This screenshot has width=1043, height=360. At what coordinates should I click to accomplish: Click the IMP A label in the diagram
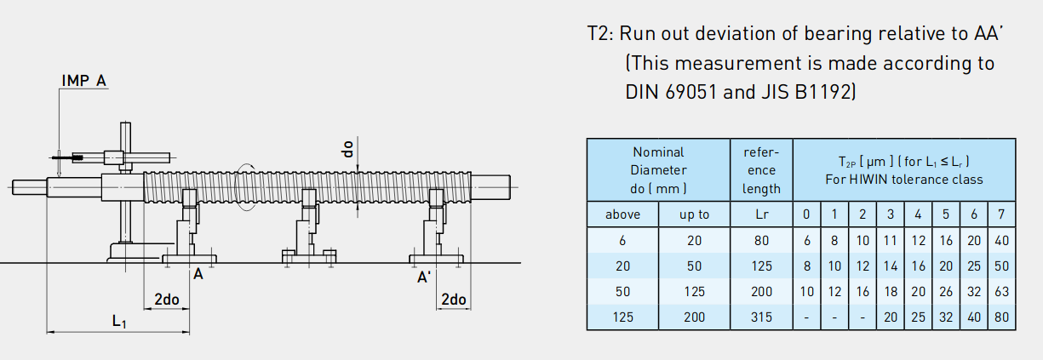click(x=83, y=81)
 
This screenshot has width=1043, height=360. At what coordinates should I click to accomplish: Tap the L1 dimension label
click(x=119, y=322)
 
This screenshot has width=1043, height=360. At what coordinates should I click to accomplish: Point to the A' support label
click(x=423, y=277)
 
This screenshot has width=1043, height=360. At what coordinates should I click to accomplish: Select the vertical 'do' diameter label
click(x=347, y=148)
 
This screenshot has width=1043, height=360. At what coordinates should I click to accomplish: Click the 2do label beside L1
click(x=166, y=299)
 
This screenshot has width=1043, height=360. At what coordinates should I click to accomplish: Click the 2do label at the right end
click(x=453, y=299)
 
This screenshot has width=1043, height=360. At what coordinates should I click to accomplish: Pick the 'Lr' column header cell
click(x=762, y=214)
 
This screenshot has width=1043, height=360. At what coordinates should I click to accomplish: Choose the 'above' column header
click(x=622, y=214)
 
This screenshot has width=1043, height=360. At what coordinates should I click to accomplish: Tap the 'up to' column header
click(x=694, y=214)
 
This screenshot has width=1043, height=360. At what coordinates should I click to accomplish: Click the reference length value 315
click(x=762, y=317)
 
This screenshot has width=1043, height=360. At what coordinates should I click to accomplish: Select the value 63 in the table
click(x=1001, y=291)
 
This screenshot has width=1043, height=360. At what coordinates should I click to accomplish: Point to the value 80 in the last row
click(x=1001, y=317)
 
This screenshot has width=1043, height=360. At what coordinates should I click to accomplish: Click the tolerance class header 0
click(x=806, y=214)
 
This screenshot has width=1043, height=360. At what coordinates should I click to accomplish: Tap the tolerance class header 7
click(x=1001, y=214)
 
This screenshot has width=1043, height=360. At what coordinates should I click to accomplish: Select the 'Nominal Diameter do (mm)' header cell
click(x=658, y=169)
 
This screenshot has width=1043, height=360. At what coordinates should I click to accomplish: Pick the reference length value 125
click(x=762, y=266)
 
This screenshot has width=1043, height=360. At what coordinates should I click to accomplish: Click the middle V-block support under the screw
click(x=306, y=230)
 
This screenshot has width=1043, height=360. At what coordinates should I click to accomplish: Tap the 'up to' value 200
click(x=694, y=317)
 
